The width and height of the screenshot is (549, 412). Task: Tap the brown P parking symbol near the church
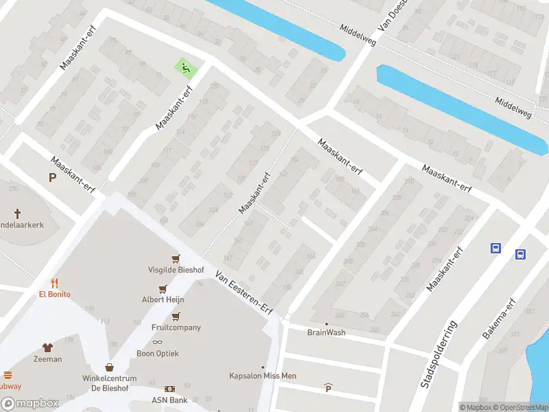[51, 178]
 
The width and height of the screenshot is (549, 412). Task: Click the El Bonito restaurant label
[54, 294]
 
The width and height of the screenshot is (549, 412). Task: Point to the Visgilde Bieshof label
[176, 270]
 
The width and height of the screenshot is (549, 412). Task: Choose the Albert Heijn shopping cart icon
[163, 289]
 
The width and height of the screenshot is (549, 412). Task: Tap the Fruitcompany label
[176, 328]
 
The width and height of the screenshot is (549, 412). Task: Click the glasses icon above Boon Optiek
[157, 342]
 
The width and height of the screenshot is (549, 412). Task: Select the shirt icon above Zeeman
[47, 347]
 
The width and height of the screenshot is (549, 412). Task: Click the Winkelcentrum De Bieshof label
[110, 383]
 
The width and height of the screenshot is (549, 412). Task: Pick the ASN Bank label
[170, 400]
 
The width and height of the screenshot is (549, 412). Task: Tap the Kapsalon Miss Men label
[262, 376]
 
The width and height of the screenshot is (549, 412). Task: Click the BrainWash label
[326, 332]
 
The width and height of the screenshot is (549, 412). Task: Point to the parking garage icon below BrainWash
[328, 389]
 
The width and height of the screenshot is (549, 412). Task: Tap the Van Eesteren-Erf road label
[244, 293]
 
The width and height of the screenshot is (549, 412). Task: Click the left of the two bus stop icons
[495, 248]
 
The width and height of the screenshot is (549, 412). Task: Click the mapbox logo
[30, 404]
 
